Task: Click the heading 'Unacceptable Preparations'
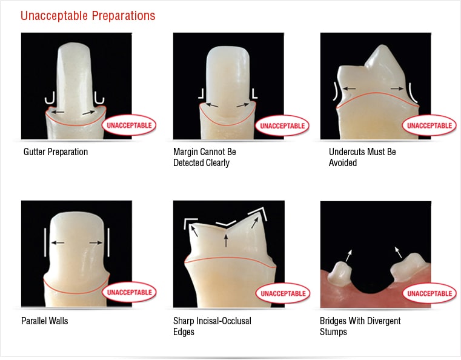click(88, 16)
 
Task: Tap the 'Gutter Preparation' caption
click(56, 152)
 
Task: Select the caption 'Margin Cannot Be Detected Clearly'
click(205, 157)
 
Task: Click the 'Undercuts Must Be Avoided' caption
click(362, 157)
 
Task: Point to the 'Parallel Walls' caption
click(45, 321)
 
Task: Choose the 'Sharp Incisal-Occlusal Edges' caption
click(212, 326)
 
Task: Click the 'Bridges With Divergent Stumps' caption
click(360, 326)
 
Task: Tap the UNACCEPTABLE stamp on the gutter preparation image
click(129, 125)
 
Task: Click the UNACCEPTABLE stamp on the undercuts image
click(429, 125)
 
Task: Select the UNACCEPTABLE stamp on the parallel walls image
click(129, 292)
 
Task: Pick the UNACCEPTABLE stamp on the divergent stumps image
click(429, 293)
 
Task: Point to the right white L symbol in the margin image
click(254, 93)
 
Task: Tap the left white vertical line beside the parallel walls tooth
click(45, 242)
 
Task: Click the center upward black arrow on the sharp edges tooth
click(226, 240)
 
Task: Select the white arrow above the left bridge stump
click(349, 256)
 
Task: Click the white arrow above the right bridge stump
click(398, 252)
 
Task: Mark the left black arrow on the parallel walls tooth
click(58, 242)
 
